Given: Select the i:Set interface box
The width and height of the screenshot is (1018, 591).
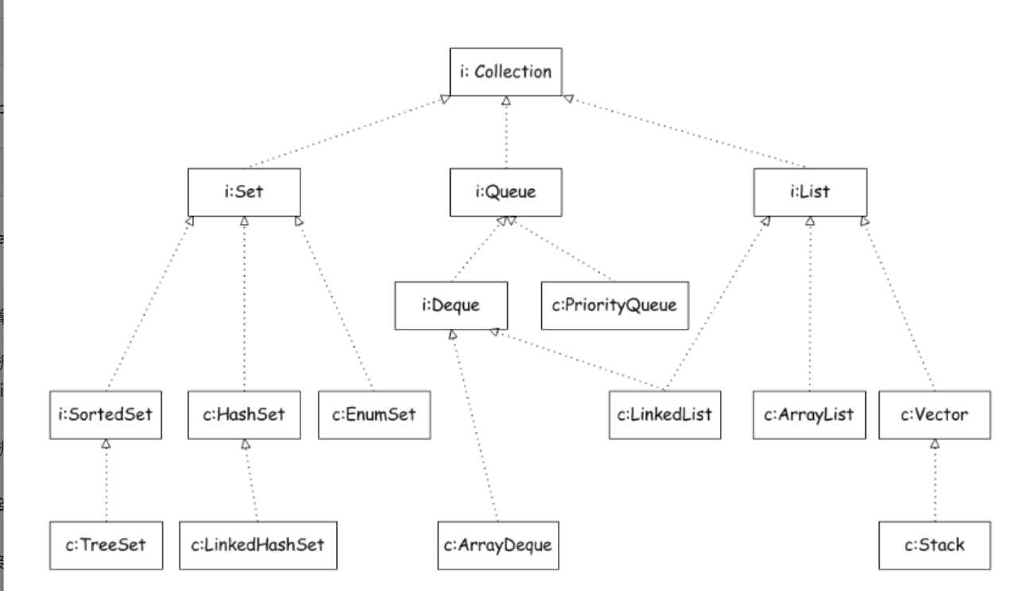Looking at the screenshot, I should (x=244, y=191).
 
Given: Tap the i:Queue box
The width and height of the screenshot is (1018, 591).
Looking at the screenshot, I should (x=505, y=191).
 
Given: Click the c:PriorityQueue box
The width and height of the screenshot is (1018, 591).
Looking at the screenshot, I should (x=614, y=305).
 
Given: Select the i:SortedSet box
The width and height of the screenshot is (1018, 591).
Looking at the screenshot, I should (x=105, y=415).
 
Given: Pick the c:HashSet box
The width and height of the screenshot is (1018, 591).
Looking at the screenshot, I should (x=244, y=415).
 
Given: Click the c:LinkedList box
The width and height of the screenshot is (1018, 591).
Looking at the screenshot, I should (x=666, y=415).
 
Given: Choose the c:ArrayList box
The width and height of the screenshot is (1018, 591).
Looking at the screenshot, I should (x=809, y=415).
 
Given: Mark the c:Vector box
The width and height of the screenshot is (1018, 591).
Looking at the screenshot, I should (x=935, y=415).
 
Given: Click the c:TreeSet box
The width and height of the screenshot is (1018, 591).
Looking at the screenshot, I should (x=105, y=546).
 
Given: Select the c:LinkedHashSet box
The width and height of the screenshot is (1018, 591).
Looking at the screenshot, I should (x=258, y=546).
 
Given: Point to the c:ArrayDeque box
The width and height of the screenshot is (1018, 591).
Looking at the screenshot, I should (x=497, y=546).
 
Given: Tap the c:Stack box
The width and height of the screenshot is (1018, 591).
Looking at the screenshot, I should (x=935, y=546).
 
